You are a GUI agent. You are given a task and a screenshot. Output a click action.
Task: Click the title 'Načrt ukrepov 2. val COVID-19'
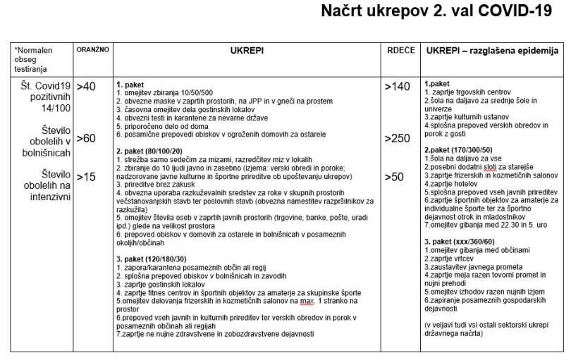[x=435, y=12]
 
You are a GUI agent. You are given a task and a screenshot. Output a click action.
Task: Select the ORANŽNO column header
[x=92, y=51]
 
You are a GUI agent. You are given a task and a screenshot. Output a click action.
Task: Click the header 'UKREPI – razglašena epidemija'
[x=491, y=51]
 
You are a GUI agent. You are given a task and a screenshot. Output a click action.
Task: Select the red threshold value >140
[x=396, y=87]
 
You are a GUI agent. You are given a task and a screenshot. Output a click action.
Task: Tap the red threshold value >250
[x=396, y=138]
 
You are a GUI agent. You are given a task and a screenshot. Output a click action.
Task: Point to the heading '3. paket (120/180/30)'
[x=151, y=259]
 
